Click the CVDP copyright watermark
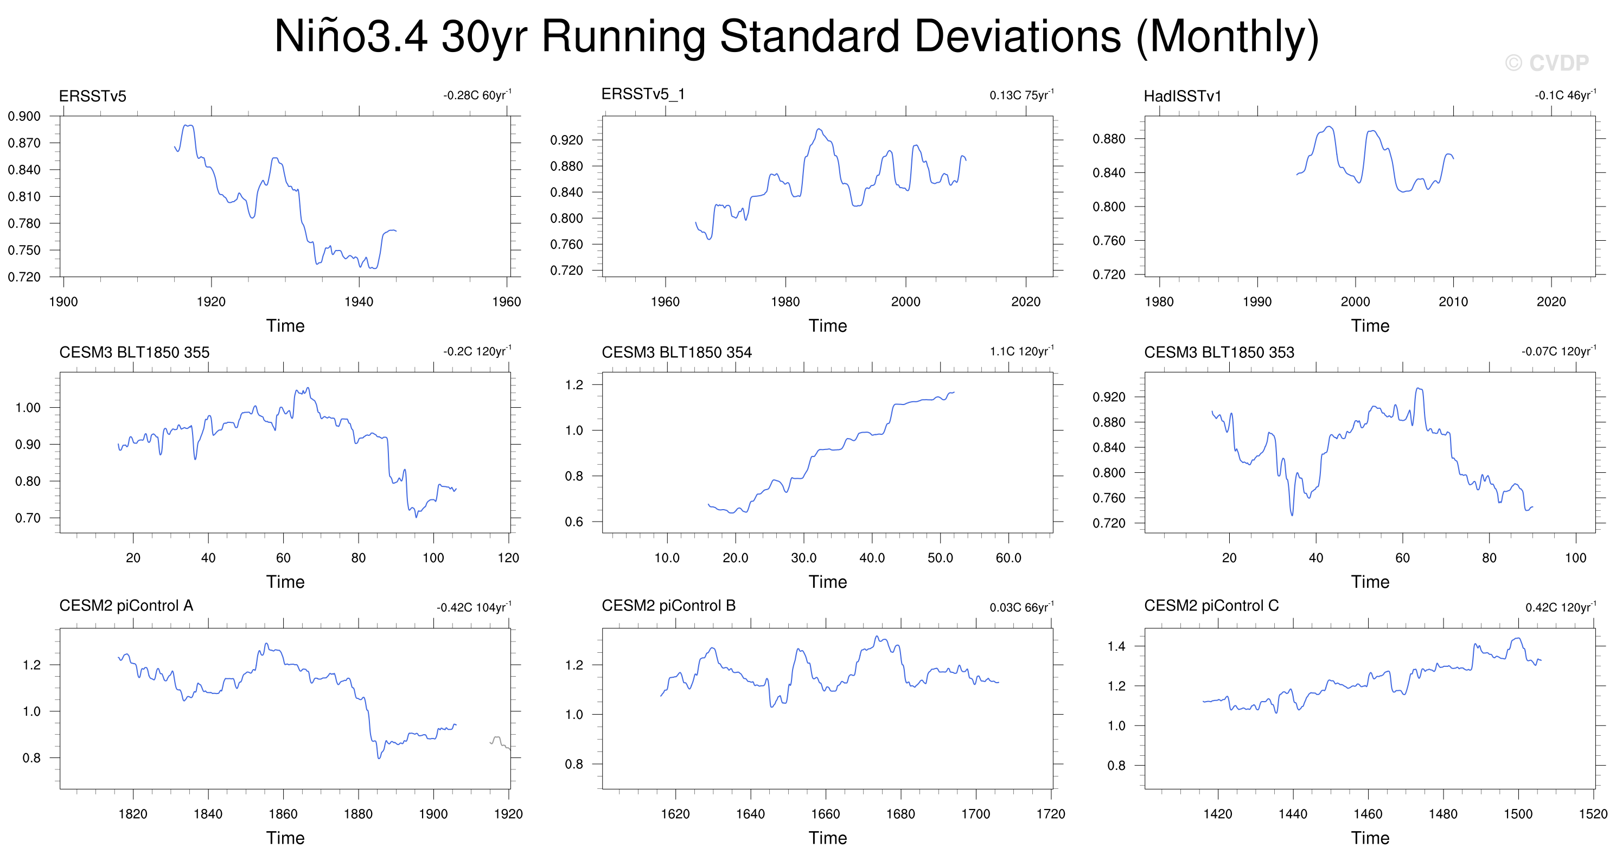point(1547,63)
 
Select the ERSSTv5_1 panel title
point(643,94)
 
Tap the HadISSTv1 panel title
point(1183,96)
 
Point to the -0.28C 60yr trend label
point(477,95)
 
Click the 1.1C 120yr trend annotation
point(1022,351)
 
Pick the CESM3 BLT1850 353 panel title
point(1219,352)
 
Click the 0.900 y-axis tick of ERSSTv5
point(24,116)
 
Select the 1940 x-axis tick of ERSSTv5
point(359,301)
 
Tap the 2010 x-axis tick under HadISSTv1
point(1453,301)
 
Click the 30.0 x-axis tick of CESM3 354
point(803,557)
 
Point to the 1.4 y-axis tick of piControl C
point(1116,646)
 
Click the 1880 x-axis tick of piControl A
point(358,814)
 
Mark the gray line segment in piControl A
point(500,742)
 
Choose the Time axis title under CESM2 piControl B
point(827,838)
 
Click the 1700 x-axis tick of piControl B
point(975,814)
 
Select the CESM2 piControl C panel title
point(1211,606)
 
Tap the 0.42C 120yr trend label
point(1561,607)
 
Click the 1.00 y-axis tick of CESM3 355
point(28,408)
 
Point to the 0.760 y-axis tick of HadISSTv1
point(1109,241)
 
